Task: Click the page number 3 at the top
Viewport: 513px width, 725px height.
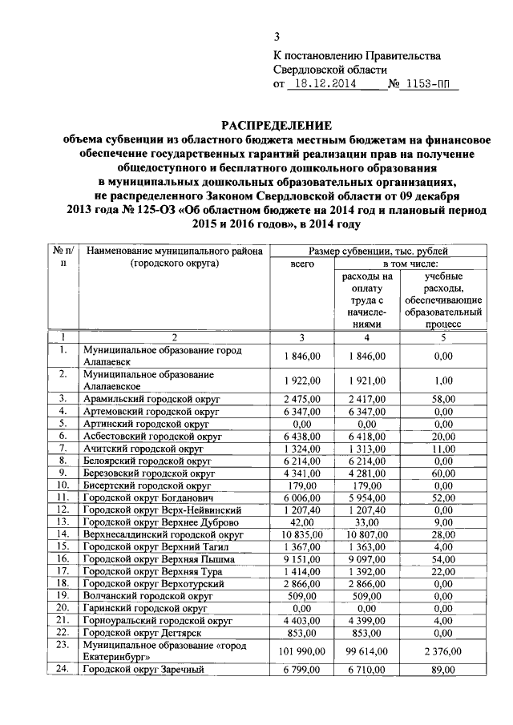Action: pyautogui.click(x=277, y=36)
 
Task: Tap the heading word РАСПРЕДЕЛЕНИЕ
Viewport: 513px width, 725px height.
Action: pyautogui.click(x=277, y=126)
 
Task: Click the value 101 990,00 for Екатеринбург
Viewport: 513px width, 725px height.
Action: pyautogui.click(x=301, y=651)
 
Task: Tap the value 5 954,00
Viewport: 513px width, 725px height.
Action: pyautogui.click(x=369, y=499)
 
